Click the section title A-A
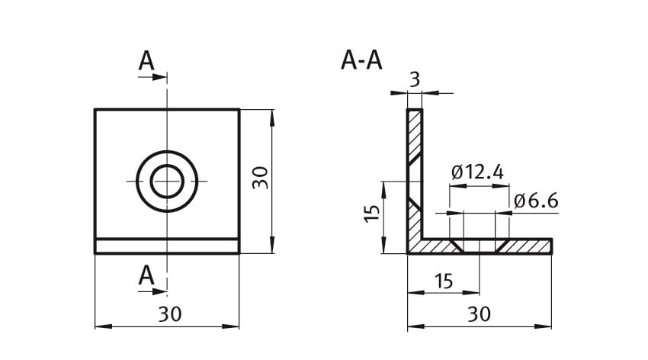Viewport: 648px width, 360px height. click(361, 60)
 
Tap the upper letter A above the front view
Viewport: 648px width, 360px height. click(146, 62)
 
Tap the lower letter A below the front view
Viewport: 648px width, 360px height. click(146, 276)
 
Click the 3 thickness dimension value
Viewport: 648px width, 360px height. click(414, 79)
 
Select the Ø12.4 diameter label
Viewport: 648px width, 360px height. click(477, 172)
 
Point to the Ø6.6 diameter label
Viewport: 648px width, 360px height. click(536, 201)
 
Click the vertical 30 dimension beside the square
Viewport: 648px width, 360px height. click(261, 178)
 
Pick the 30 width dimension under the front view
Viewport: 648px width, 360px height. click(169, 313)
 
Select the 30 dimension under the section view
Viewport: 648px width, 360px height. click(479, 313)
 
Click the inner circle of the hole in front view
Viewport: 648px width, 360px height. click(167, 182)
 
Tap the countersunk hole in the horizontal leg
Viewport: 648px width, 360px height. click(480, 246)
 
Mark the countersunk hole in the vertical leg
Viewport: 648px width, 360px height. click(415, 182)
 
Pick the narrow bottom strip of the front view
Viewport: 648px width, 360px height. click(167, 246)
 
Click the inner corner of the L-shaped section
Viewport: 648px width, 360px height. click(423, 239)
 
